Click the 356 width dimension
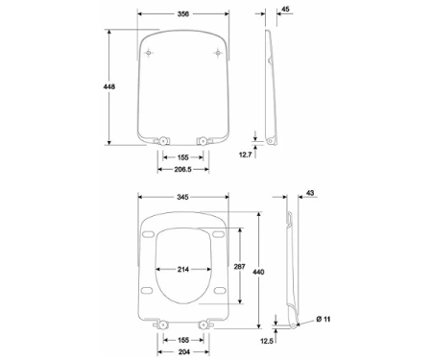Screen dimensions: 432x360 tap(183, 13)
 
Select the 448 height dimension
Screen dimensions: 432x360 tap(109, 86)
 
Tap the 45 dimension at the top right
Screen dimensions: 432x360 tap(285, 9)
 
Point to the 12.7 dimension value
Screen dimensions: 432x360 tap(246, 155)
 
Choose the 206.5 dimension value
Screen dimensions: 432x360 tap(182, 169)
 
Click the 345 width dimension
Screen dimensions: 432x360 tap(182, 197)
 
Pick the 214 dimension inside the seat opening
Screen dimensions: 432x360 tap(183, 270)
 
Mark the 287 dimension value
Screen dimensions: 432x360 tap(239, 266)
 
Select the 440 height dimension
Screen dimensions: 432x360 tap(258, 272)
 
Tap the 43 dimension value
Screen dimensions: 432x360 tap(310, 193)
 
